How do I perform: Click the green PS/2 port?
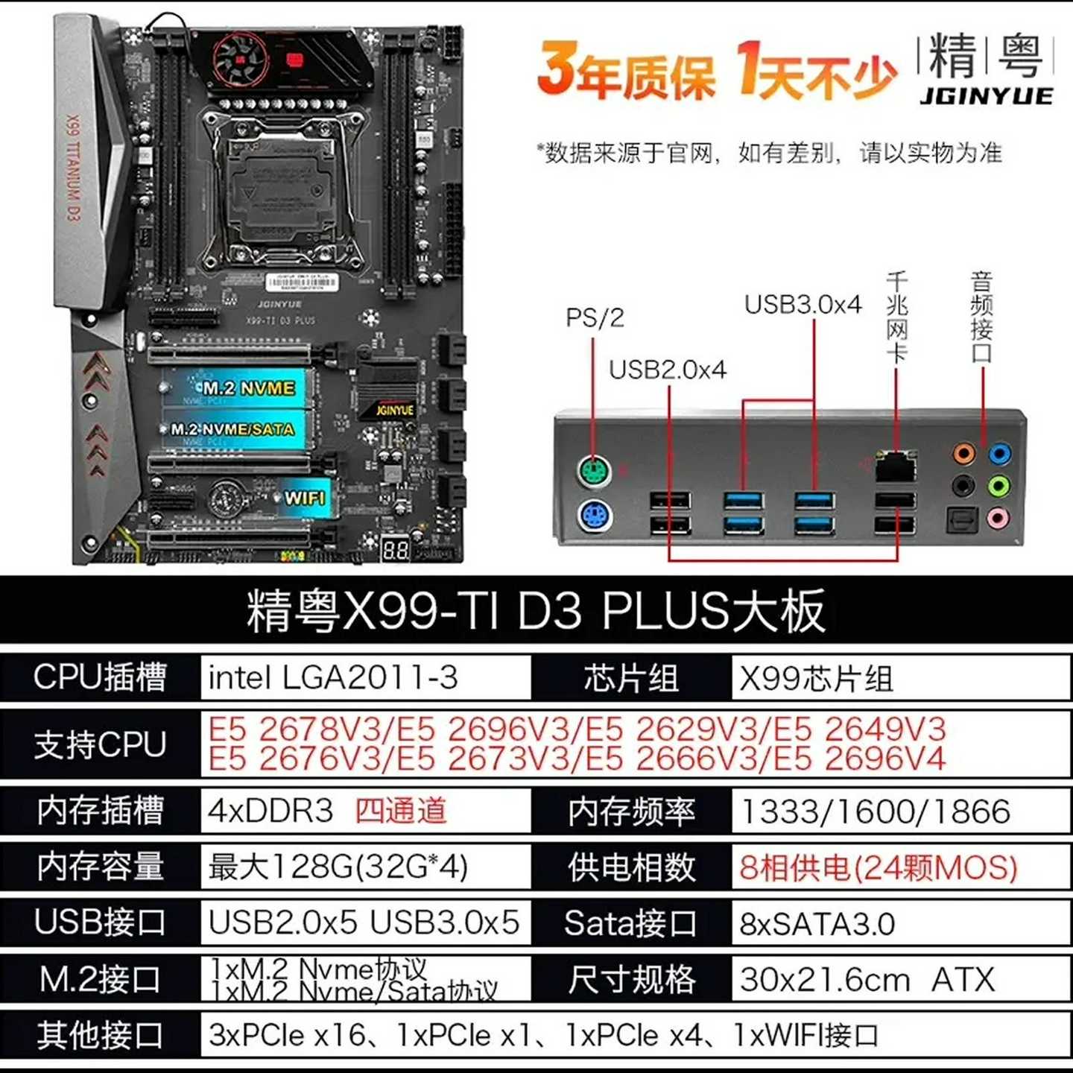click(x=594, y=472)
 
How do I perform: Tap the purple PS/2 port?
click(x=594, y=516)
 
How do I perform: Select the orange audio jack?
click(x=963, y=452)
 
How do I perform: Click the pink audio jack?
click(x=998, y=517)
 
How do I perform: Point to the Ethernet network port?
click(x=895, y=467)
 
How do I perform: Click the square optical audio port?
click(x=962, y=519)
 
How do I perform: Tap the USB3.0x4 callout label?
click(x=803, y=305)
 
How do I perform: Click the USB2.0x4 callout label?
click(x=667, y=370)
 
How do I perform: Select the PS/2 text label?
click(x=594, y=318)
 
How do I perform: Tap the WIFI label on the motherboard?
click(x=305, y=497)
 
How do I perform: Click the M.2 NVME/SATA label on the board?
click(x=232, y=429)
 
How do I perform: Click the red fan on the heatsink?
click(x=240, y=59)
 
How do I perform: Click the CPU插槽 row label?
click(x=101, y=678)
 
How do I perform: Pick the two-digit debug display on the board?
click(x=395, y=551)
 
